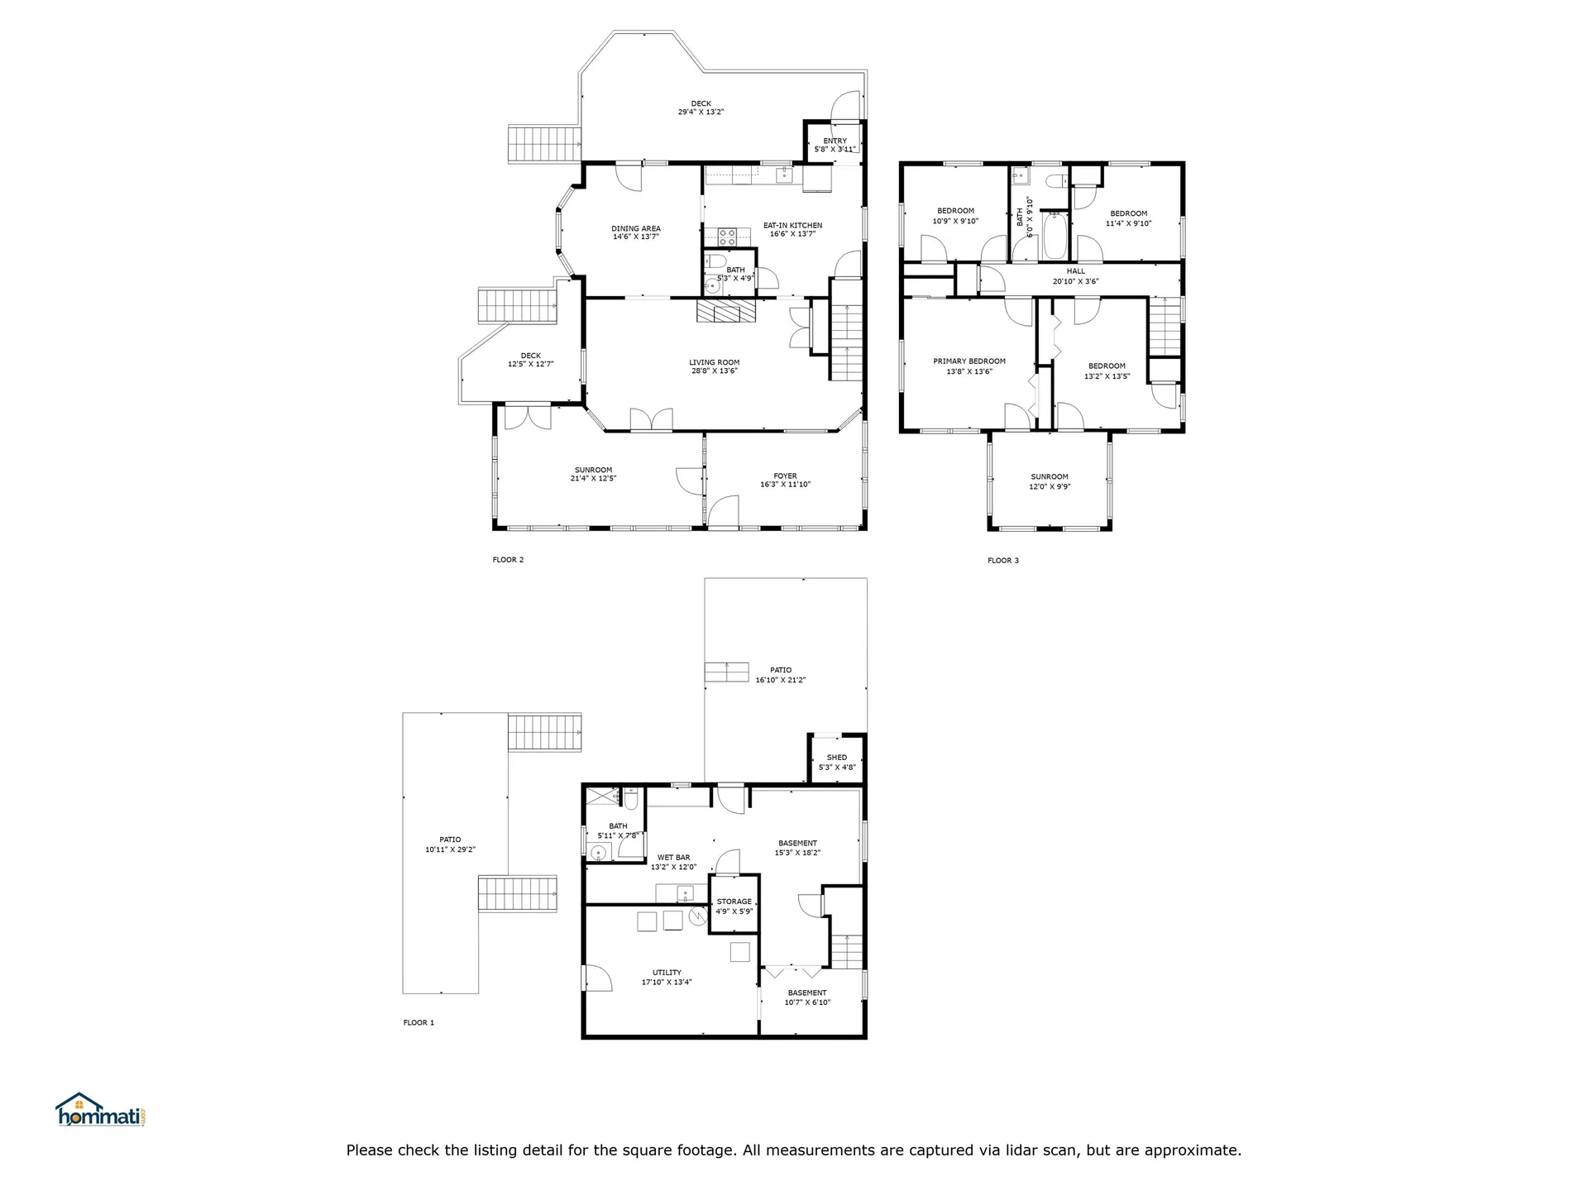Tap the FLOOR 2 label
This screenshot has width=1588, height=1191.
(508, 560)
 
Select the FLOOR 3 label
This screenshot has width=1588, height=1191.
(1002, 561)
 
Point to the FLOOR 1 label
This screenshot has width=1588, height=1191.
(419, 1023)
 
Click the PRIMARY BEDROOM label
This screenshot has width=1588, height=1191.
(969, 361)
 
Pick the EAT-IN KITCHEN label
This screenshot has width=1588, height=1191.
(792, 226)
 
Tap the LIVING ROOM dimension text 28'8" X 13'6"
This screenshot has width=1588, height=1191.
(715, 371)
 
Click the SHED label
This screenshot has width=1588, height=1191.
(837, 758)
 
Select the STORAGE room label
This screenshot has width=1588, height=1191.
(734, 902)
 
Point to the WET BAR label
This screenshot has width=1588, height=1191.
(673, 858)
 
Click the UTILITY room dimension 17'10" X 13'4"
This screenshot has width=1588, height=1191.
(667, 983)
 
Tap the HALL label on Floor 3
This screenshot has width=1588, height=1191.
(1076, 271)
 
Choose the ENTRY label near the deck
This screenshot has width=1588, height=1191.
(835, 141)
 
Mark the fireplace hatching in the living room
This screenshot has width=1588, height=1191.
(726, 311)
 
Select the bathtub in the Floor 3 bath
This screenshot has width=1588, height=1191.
(1055, 237)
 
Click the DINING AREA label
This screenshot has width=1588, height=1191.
(636, 229)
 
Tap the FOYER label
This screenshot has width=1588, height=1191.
(785, 476)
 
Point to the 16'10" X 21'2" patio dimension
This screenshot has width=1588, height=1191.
(781, 681)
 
